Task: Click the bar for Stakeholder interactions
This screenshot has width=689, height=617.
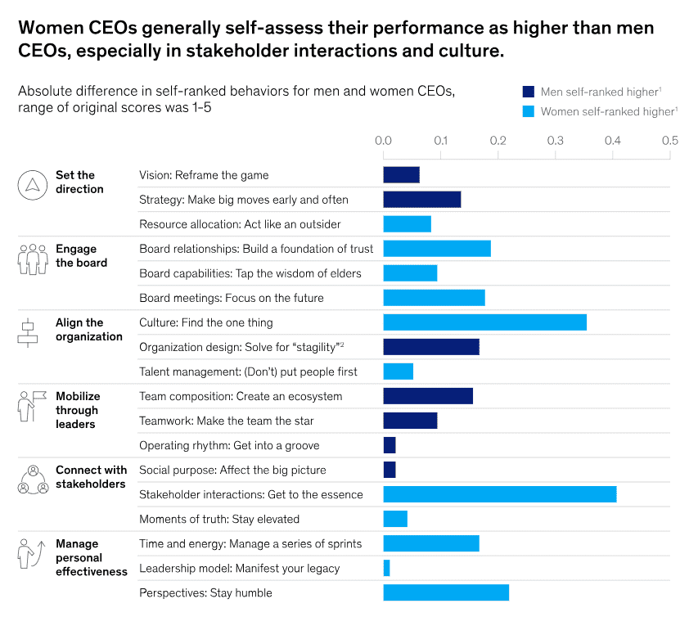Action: (x=499, y=494)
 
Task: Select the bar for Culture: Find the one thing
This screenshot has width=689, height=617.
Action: (x=484, y=322)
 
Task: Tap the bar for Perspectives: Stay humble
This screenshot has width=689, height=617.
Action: (x=446, y=592)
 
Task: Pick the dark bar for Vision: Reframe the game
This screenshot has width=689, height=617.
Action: (x=401, y=175)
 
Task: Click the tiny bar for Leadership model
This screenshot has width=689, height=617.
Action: (x=386, y=568)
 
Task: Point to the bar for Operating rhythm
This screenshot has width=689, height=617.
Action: (x=390, y=445)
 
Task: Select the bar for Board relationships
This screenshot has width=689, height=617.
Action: (x=437, y=249)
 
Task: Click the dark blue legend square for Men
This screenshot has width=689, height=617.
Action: (x=528, y=92)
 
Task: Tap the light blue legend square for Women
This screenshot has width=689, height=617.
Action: (x=528, y=110)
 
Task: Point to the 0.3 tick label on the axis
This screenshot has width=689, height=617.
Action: (x=555, y=141)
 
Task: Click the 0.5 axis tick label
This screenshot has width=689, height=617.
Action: (x=669, y=141)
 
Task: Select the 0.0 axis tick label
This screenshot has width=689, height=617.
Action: (x=383, y=141)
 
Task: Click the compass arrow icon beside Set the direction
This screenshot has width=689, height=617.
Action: (x=33, y=184)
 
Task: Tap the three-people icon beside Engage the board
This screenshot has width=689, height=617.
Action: (x=33, y=258)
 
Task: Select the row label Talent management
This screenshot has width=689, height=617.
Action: (x=248, y=372)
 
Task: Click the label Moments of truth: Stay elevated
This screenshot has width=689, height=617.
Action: (x=219, y=519)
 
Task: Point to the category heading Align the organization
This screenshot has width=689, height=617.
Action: (x=88, y=330)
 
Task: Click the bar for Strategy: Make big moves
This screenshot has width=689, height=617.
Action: (x=421, y=200)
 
